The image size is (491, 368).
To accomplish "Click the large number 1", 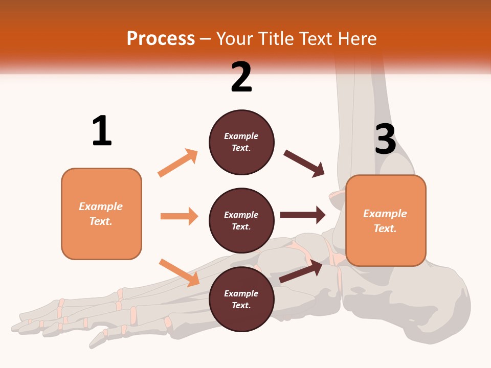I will (x=102, y=131).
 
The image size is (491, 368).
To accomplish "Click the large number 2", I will (x=241, y=77).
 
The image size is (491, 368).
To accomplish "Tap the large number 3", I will (x=385, y=139).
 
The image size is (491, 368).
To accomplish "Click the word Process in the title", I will (x=161, y=38).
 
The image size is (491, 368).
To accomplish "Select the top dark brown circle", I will (x=241, y=142).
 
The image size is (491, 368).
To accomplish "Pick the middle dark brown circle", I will (x=241, y=220).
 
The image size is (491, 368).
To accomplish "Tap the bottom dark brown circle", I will (x=241, y=299).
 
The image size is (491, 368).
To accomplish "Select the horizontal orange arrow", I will (x=179, y=216).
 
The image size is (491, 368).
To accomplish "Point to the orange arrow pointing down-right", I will (x=179, y=272).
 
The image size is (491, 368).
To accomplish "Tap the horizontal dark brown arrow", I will (x=303, y=215).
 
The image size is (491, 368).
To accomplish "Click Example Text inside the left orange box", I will (x=101, y=214).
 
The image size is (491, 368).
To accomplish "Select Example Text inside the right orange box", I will (x=385, y=221).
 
